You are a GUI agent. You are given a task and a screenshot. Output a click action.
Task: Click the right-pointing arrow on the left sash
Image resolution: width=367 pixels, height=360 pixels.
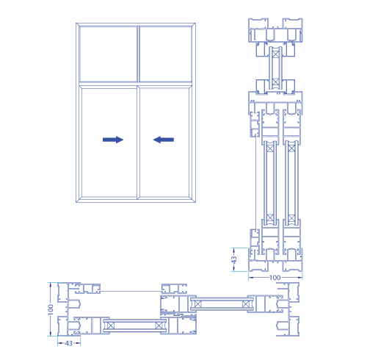(113, 140)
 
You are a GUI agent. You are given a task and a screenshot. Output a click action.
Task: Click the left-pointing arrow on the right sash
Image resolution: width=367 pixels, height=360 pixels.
(164, 140)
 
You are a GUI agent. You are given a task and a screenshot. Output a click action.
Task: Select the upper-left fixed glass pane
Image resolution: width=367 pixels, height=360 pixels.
(108, 54)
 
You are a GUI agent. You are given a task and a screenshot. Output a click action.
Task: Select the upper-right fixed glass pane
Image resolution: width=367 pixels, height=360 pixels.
(166, 54)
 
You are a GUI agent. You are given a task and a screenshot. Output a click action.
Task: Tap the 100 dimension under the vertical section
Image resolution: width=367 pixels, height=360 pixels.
(275, 278)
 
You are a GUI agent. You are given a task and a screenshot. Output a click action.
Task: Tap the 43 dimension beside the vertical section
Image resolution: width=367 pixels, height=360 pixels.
(234, 259)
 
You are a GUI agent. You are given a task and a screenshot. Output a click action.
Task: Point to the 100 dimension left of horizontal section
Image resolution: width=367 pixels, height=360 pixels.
(51, 309)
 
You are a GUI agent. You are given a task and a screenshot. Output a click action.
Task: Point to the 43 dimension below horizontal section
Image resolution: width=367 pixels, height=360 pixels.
(69, 343)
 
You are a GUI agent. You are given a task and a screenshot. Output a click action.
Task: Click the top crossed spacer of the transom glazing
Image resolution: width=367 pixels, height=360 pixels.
(275, 54)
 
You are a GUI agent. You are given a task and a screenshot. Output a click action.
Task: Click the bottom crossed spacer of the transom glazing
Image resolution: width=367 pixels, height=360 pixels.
(275, 82)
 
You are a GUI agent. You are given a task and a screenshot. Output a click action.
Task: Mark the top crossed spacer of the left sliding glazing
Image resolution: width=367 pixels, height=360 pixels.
(270, 148)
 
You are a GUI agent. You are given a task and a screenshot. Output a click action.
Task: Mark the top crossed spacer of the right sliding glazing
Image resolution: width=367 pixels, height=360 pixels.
(291, 148)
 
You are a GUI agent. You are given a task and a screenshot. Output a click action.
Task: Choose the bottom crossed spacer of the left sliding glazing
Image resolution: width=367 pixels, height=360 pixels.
(270, 217)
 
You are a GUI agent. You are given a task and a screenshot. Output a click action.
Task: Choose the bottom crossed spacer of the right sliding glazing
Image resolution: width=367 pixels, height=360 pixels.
(291, 217)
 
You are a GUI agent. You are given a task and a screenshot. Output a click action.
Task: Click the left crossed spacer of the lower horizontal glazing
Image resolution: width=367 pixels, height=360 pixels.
(111, 325)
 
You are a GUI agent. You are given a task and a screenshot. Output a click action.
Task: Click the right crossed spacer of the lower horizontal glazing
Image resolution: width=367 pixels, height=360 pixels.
(159, 325)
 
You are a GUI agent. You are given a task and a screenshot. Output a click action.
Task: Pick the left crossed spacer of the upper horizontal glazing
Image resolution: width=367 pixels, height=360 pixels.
(197, 304)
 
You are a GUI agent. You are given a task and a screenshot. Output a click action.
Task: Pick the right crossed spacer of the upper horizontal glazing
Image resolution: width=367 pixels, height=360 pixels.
(246, 304)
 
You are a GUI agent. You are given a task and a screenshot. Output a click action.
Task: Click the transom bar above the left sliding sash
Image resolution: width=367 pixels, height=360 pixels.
(108, 84)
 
